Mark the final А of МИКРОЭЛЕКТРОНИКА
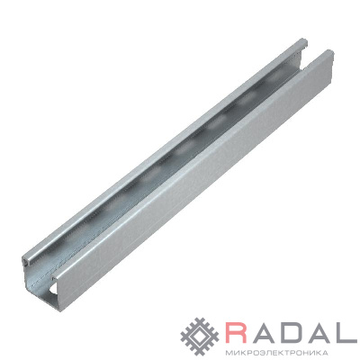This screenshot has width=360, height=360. (x=324, y=352)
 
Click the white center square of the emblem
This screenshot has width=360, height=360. (x=201, y=333)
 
